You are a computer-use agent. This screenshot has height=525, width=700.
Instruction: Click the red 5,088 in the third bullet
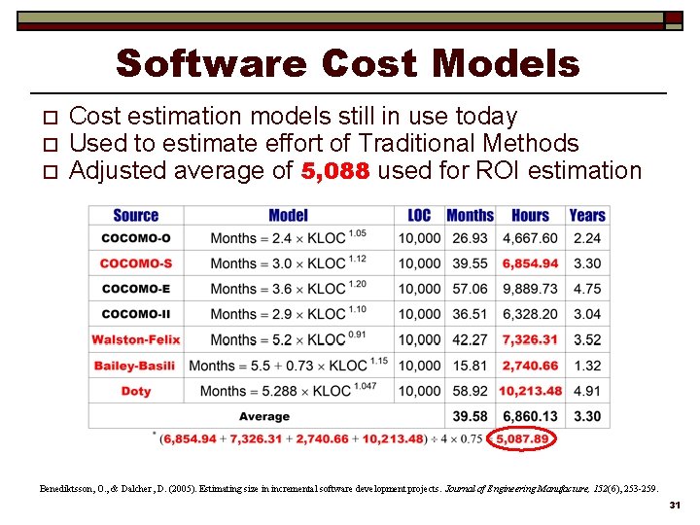click(x=334, y=172)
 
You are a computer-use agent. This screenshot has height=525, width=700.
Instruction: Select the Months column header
click(x=470, y=215)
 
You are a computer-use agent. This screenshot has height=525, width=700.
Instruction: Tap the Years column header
click(x=586, y=215)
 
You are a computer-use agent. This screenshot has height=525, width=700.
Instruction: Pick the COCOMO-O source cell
click(x=135, y=238)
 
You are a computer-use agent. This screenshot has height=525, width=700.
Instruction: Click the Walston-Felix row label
click(x=135, y=339)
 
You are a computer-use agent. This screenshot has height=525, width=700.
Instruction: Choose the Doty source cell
click(x=135, y=391)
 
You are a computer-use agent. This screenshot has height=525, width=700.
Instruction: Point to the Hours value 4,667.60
click(x=530, y=238)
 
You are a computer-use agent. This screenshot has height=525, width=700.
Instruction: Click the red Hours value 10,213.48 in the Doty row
click(x=530, y=391)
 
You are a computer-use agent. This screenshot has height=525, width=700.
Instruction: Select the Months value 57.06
click(x=470, y=289)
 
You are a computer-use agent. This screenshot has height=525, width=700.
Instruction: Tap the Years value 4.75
click(x=586, y=289)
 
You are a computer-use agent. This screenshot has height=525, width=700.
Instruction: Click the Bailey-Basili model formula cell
click(x=288, y=366)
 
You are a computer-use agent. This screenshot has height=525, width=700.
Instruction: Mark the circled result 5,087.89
click(x=522, y=438)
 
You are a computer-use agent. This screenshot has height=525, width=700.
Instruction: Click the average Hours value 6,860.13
click(x=530, y=416)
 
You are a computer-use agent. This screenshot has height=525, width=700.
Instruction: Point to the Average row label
click(x=263, y=416)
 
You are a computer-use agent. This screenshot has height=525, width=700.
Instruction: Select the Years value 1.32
click(x=586, y=366)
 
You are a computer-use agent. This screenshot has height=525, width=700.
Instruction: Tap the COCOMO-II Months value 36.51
click(x=470, y=314)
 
